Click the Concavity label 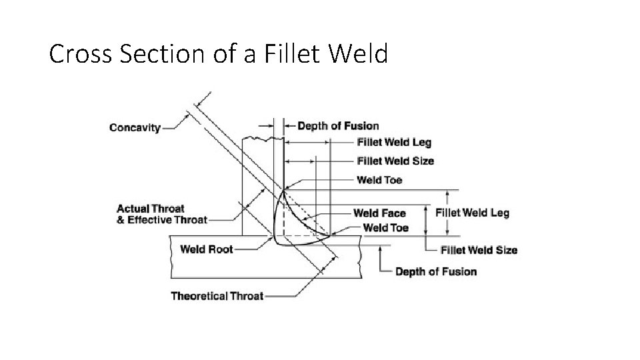tap(135, 127)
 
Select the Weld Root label tap(207, 249)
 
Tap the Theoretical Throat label tap(217, 296)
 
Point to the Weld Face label tap(379, 213)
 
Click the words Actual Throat tap(151, 209)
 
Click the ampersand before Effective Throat tap(121, 220)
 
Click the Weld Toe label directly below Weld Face tap(385, 228)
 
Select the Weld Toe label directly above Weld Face tap(379, 180)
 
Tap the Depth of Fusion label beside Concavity tap(338, 126)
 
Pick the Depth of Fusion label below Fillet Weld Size tap(436, 272)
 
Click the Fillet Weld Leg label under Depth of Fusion tap(394, 143)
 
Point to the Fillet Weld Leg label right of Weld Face tap(472, 213)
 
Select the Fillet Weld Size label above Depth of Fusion tap(479, 251)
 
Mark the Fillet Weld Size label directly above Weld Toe tap(395, 161)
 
